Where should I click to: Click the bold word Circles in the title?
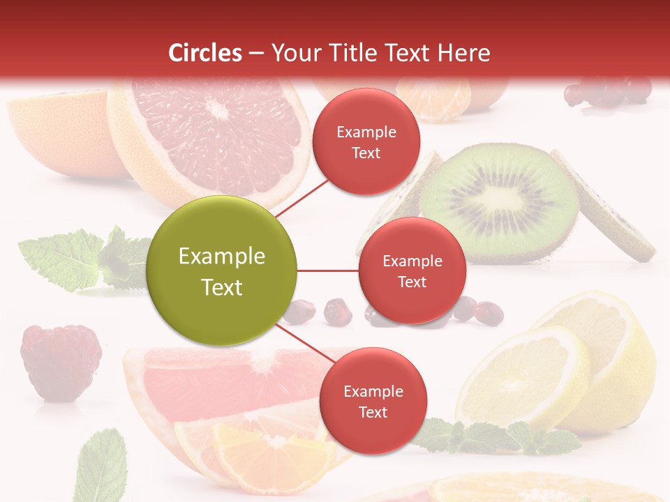(x=205, y=53)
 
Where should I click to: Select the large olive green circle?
(x=222, y=271)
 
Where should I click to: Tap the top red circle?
(x=366, y=142)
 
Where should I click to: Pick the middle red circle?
(x=412, y=271)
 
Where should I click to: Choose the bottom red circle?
(x=373, y=401)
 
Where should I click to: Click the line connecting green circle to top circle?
(x=301, y=198)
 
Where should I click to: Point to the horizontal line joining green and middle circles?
(x=327, y=271)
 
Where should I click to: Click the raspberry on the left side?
(x=61, y=361)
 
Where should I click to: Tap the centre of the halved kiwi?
(x=498, y=199)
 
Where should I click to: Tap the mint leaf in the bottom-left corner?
(x=101, y=466)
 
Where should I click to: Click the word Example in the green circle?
(x=222, y=257)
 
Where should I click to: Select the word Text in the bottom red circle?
(x=373, y=412)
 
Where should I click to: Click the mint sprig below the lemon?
(x=502, y=436)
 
